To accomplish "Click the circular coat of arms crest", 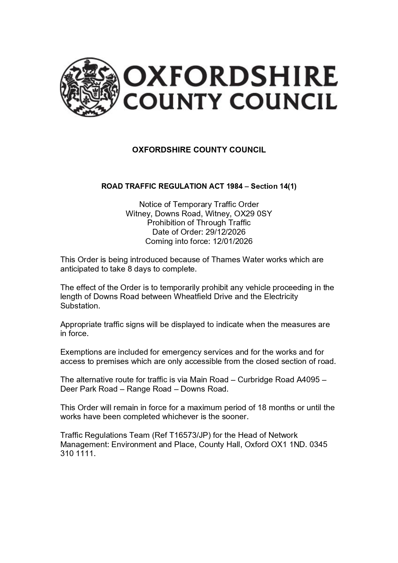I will (89, 87).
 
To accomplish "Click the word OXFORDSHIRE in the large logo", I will (230, 76).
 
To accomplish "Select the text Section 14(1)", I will (274, 186).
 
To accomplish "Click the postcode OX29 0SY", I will (253, 213).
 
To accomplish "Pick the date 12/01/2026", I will (233, 241).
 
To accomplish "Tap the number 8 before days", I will (130, 269).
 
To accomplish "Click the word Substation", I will (80, 306).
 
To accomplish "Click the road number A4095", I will (308, 379).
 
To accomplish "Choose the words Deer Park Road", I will (89, 389).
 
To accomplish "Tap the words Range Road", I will (149, 389).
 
